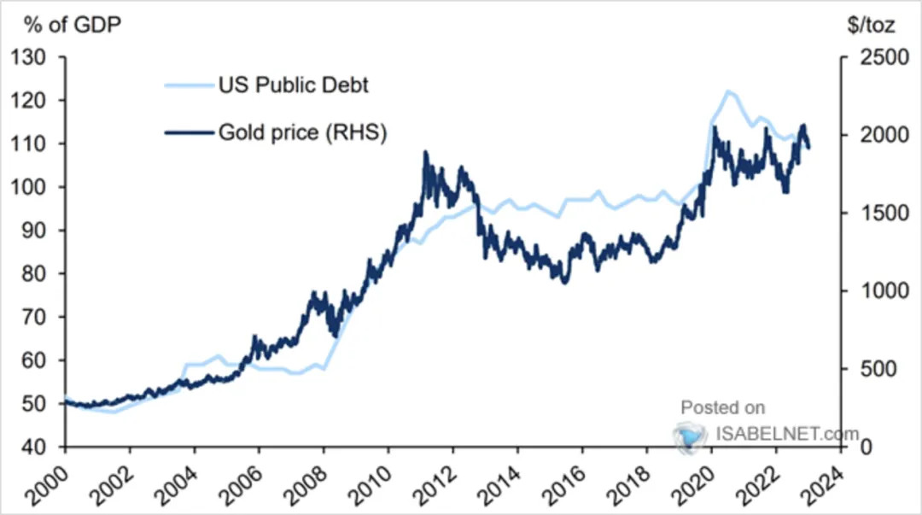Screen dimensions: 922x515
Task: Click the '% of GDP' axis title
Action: tap(73, 25)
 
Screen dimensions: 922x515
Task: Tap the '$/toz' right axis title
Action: tap(872, 25)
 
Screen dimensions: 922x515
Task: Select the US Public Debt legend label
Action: tap(294, 85)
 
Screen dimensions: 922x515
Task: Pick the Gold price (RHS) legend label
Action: tap(303, 132)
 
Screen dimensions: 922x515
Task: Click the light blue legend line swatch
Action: tap(189, 86)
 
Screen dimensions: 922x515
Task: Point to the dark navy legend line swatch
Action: tap(189, 133)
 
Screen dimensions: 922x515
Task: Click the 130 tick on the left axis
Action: tap(28, 58)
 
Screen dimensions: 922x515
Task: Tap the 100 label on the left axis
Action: tap(28, 187)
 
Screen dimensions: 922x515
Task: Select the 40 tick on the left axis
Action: tap(33, 448)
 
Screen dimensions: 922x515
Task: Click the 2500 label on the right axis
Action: tap(884, 58)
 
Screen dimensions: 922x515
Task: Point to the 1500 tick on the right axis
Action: tap(884, 213)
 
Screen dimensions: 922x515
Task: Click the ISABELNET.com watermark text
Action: tap(787, 435)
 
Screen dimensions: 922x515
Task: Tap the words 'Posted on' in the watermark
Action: tap(723, 407)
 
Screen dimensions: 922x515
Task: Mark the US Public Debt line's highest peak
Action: tap(728, 91)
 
